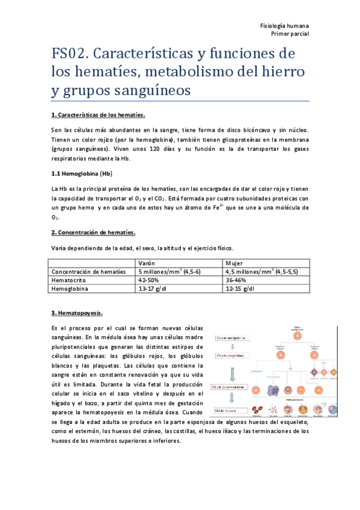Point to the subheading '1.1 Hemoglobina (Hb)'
[82, 174]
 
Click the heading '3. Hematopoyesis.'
[77, 313]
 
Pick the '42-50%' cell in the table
[149, 280]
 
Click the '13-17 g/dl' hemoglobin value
[153, 289]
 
